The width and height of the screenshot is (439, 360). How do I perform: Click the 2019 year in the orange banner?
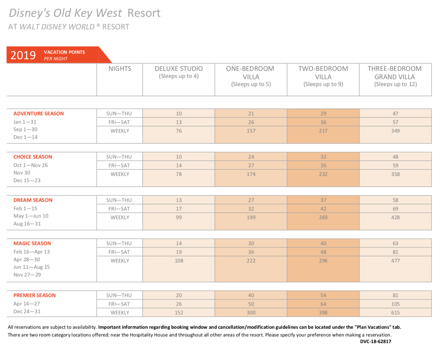[23, 55]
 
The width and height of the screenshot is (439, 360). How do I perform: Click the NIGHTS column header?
[120, 68]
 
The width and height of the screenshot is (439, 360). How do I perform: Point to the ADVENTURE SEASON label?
[39, 113]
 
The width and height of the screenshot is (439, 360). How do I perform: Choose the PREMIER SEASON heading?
[35, 295]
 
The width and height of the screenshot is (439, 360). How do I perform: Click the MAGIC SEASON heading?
[32, 243]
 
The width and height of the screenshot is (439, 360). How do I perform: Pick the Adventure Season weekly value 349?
[395, 131]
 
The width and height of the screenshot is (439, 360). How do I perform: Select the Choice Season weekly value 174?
[251, 174]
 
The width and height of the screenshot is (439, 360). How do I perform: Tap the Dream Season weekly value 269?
[323, 217]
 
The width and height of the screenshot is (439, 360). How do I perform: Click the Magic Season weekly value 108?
[179, 261]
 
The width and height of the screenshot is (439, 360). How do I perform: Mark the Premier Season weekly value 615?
[395, 313]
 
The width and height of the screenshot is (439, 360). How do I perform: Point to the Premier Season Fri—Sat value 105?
[395, 304]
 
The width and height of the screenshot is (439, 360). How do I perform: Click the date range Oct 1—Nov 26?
[30, 165]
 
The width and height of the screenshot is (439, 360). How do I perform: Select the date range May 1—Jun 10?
[31, 216]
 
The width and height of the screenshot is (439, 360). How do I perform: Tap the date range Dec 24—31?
[27, 311]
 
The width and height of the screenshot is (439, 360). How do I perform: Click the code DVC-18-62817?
[375, 341]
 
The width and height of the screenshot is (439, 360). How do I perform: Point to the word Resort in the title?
[144, 13]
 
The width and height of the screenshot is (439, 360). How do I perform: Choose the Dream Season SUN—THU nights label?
[119, 200]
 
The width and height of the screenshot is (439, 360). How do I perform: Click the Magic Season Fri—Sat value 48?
[323, 252]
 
